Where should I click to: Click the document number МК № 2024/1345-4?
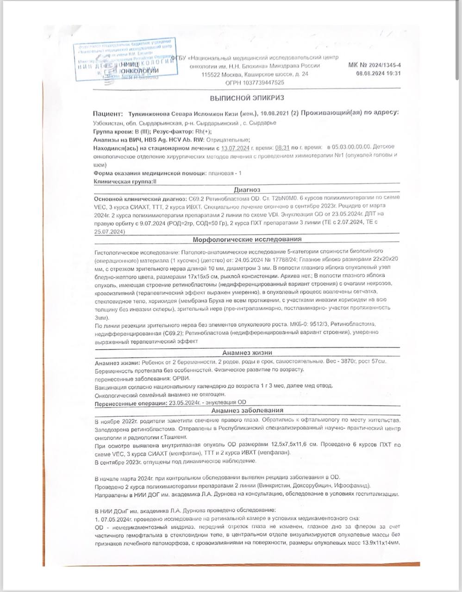click(375, 66)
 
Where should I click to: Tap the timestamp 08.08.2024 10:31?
click(378, 73)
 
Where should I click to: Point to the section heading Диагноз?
click(247, 190)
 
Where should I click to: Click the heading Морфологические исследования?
click(247, 239)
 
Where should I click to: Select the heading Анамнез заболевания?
click(247, 410)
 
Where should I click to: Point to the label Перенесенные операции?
click(131, 403)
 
